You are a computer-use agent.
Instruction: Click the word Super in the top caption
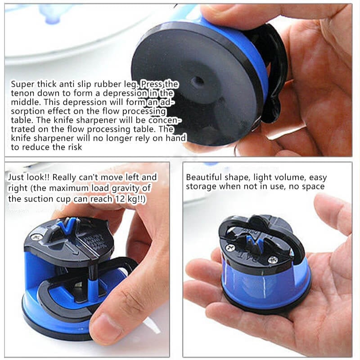pyautogui.click(x=22, y=84)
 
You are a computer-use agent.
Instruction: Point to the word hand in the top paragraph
pyautogui.click(x=176, y=138)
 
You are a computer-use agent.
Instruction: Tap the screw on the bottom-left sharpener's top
pyautogui.click(x=36, y=236)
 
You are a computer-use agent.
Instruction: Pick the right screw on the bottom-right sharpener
pyautogui.click(x=273, y=260)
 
